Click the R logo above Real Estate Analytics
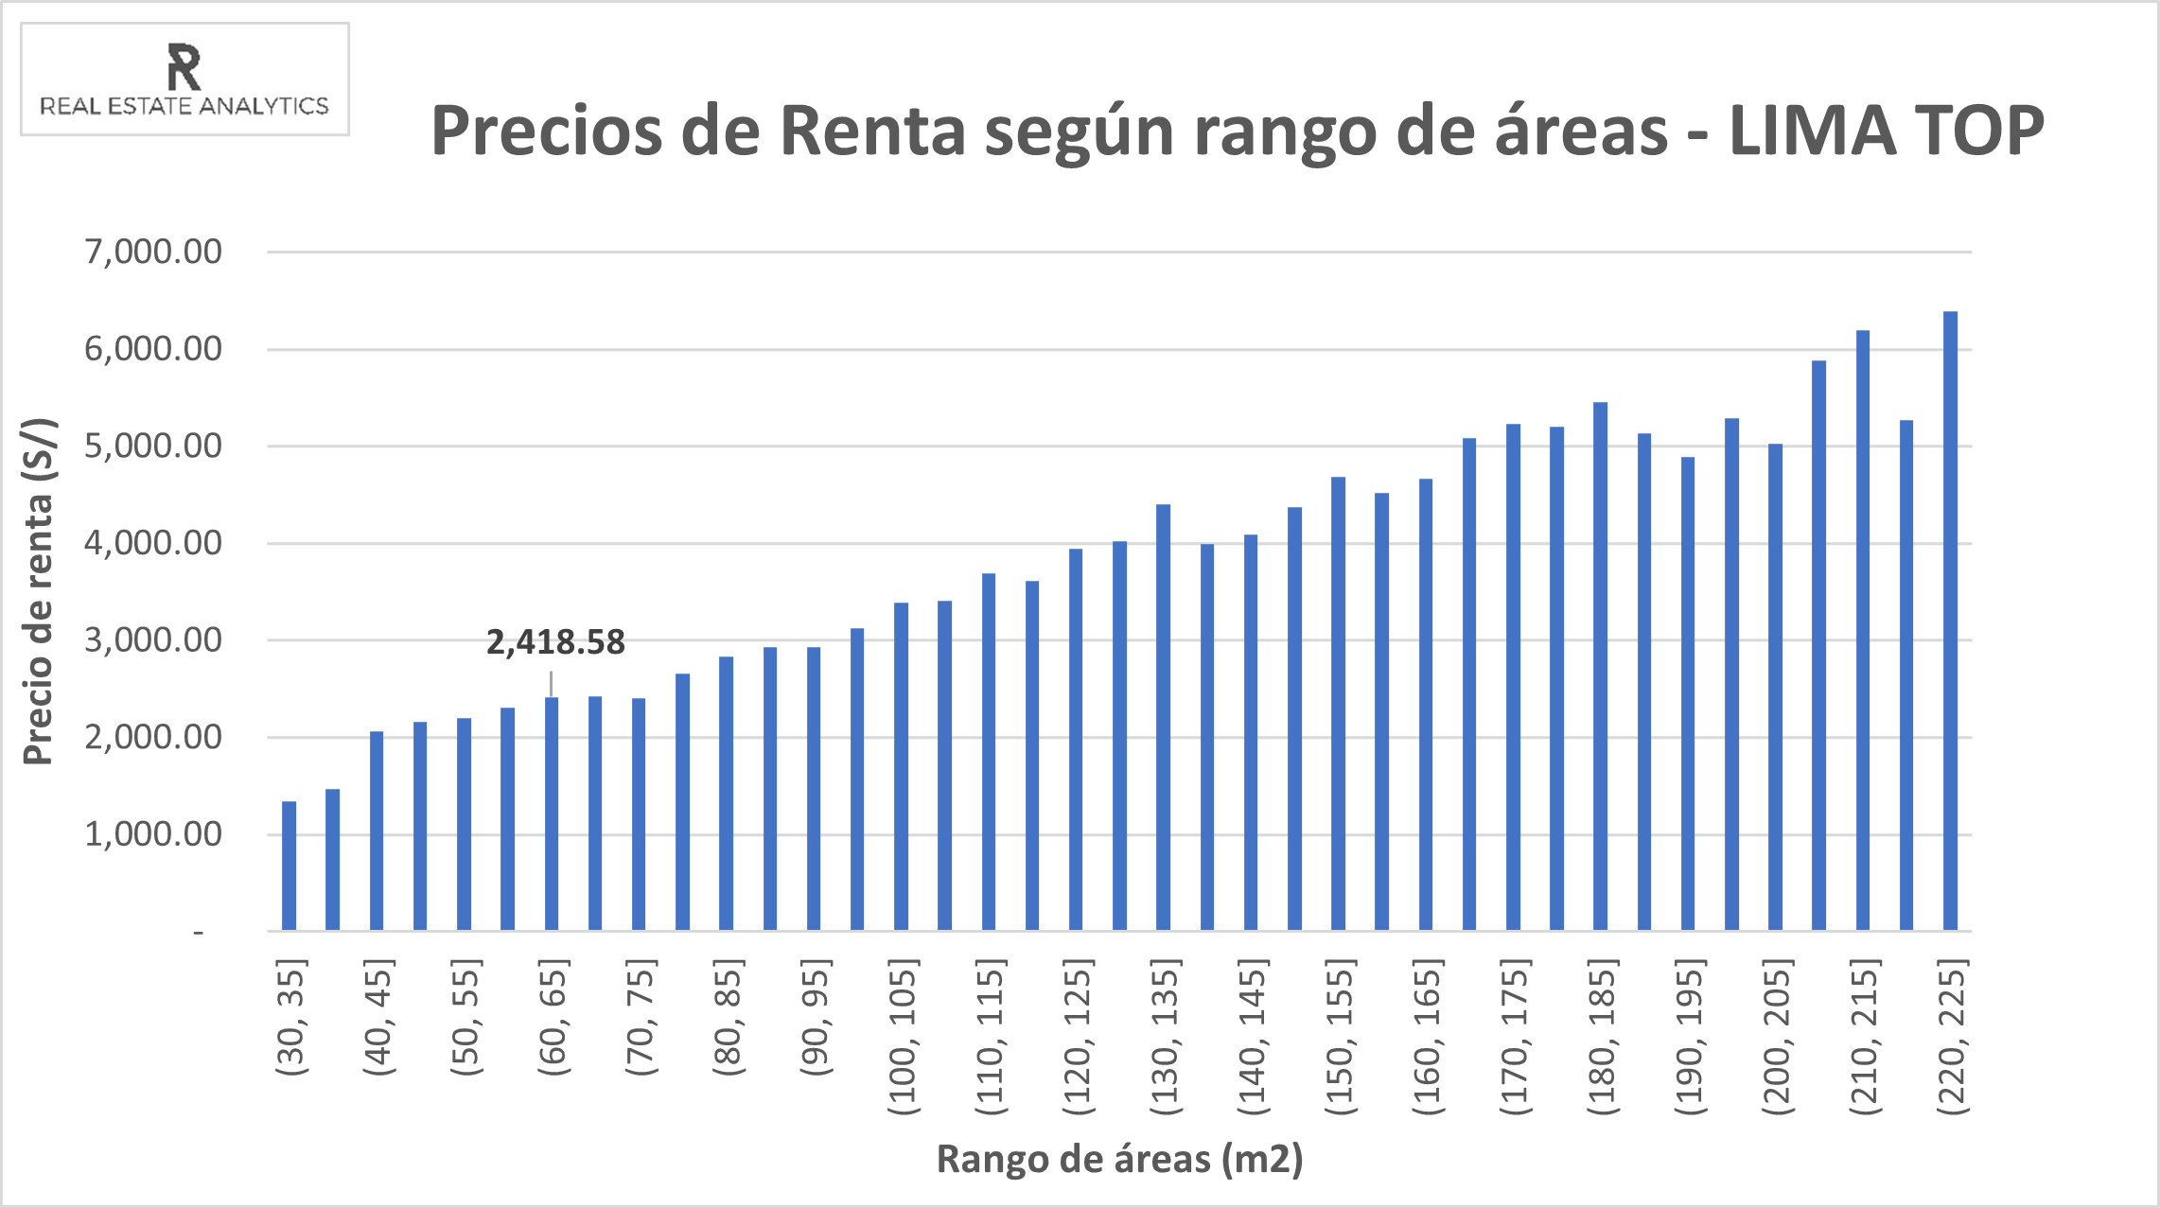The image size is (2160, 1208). pyautogui.click(x=184, y=66)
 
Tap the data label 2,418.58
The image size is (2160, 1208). pyautogui.click(x=555, y=642)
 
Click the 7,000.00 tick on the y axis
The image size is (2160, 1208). pyautogui.click(x=153, y=252)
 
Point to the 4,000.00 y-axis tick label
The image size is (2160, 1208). pyautogui.click(x=153, y=543)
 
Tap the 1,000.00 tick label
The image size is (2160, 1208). pyautogui.click(x=153, y=834)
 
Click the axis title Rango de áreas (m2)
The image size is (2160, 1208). pyautogui.click(x=1119, y=1159)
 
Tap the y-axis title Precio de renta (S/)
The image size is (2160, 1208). pyautogui.click(x=40, y=591)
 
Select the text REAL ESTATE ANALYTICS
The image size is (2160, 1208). pyautogui.click(x=184, y=106)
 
